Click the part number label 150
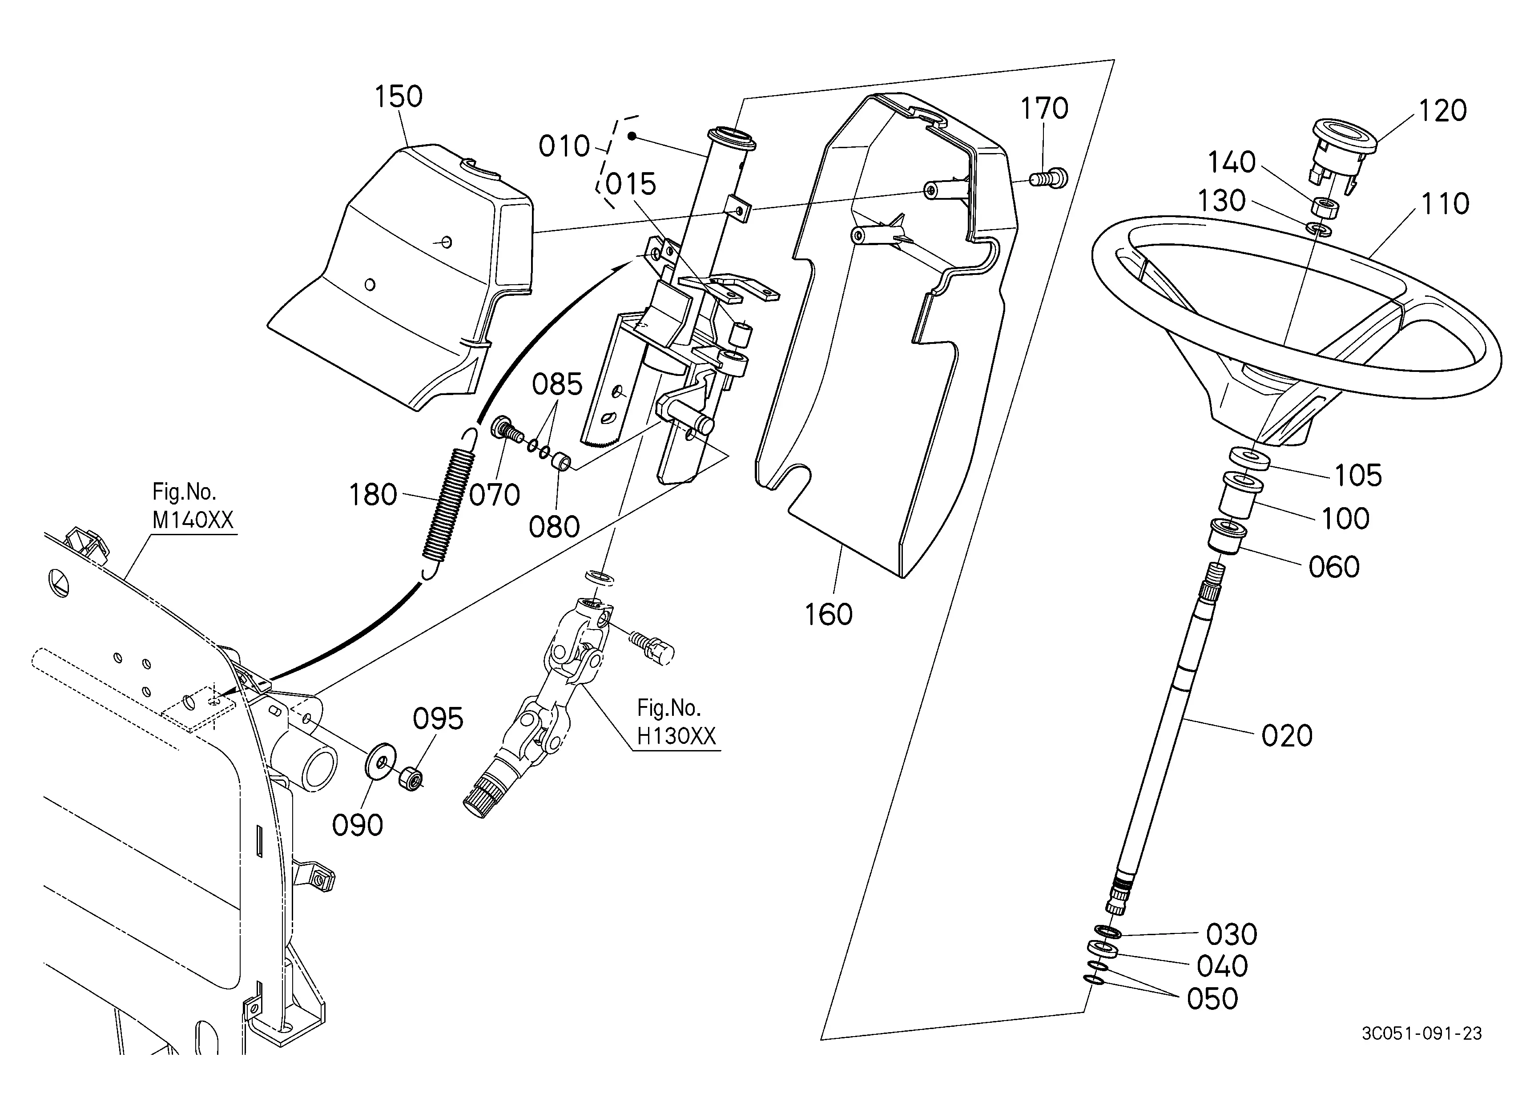(399, 97)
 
